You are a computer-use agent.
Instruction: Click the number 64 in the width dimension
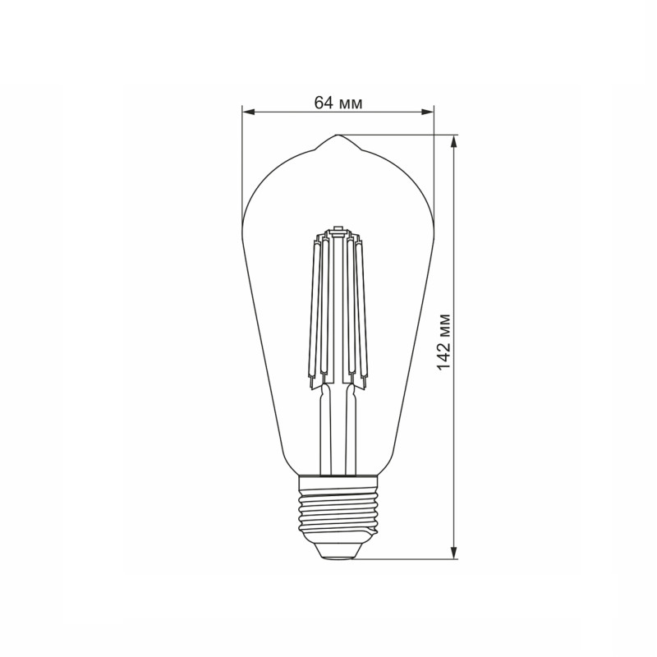click(x=323, y=103)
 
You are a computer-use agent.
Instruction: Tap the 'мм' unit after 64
click(x=350, y=103)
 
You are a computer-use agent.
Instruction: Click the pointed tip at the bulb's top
click(x=338, y=136)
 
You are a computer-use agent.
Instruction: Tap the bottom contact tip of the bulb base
click(x=338, y=554)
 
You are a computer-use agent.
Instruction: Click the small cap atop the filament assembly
click(x=337, y=227)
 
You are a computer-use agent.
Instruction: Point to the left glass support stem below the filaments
click(x=326, y=427)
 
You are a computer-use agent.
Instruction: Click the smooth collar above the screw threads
click(x=338, y=481)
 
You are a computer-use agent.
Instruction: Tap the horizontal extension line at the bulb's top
click(x=394, y=136)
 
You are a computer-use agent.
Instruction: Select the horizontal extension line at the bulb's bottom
click(x=402, y=559)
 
